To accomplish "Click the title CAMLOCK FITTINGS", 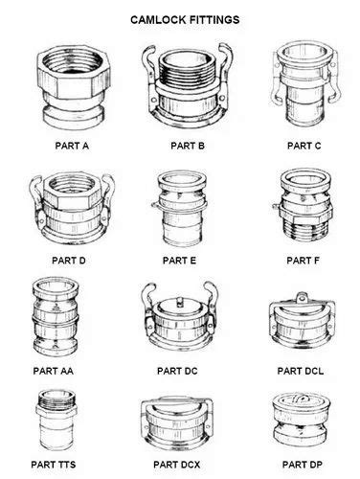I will (x=185, y=18).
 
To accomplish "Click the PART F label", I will (x=304, y=260).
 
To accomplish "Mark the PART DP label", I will (x=305, y=465).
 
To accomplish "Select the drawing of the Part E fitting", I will (x=182, y=209).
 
